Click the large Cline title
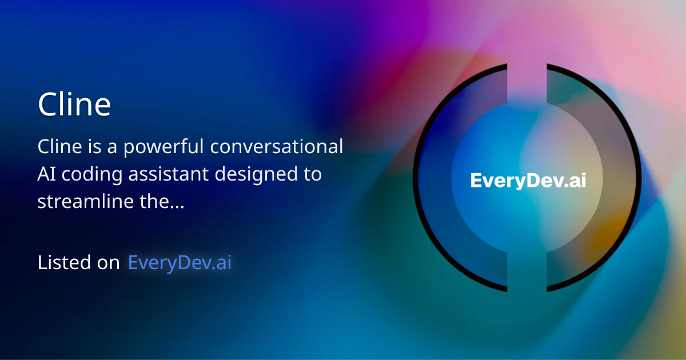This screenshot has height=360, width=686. pos(74,105)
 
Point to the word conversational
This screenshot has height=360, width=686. pos(277,147)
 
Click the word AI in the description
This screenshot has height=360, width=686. pos(46,174)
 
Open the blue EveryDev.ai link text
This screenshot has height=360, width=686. pos(180,263)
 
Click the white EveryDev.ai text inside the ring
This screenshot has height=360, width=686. pos(528,181)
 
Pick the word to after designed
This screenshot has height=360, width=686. pos(312,174)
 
